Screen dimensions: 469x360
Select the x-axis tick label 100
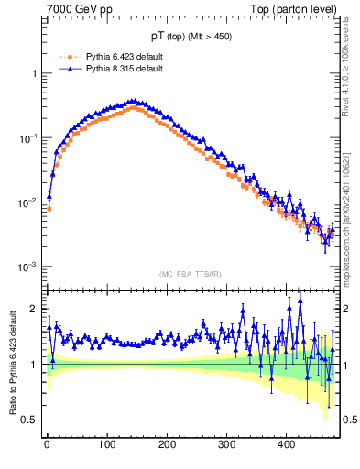click(107, 444)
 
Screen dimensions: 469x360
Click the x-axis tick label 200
click(167, 444)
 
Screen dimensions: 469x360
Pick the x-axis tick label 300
click(226, 444)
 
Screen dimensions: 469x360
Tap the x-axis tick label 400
click(286, 444)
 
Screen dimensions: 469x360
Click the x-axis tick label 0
click(48, 444)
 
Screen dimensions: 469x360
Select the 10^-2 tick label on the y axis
click(29, 202)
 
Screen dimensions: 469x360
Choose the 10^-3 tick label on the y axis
click(29, 267)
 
